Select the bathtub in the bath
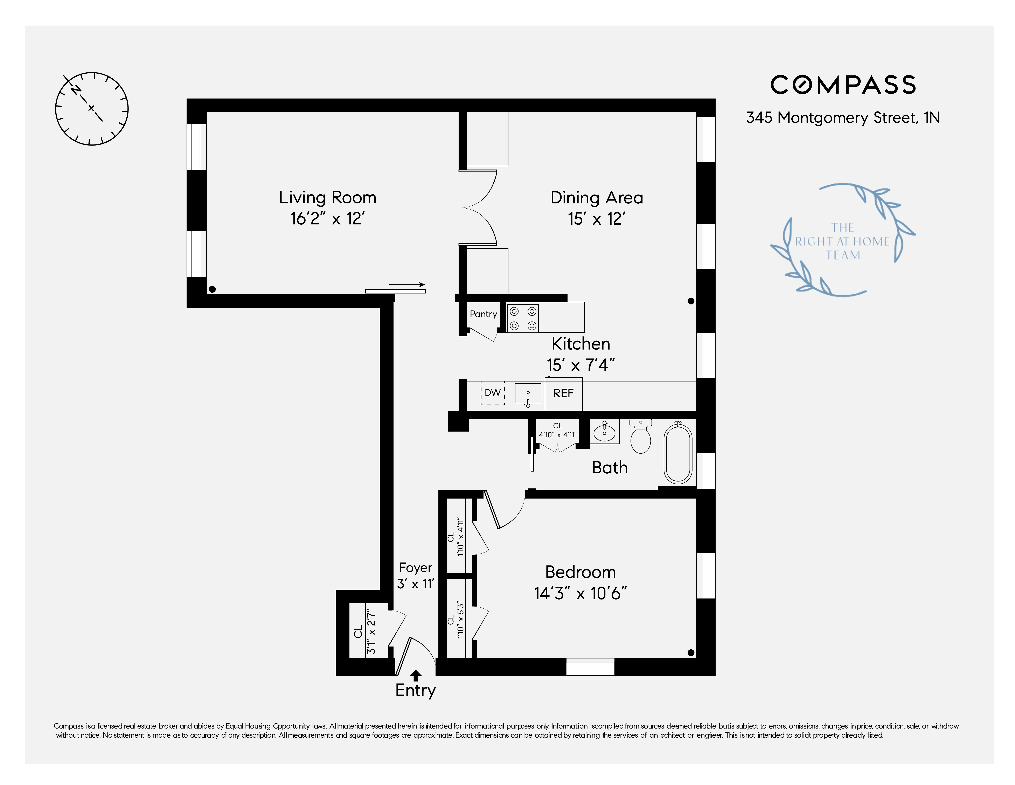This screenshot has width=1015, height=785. click(x=678, y=453)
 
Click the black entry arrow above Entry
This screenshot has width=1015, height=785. click(x=416, y=675)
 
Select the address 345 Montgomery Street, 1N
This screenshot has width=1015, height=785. click(x=843, y=118)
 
